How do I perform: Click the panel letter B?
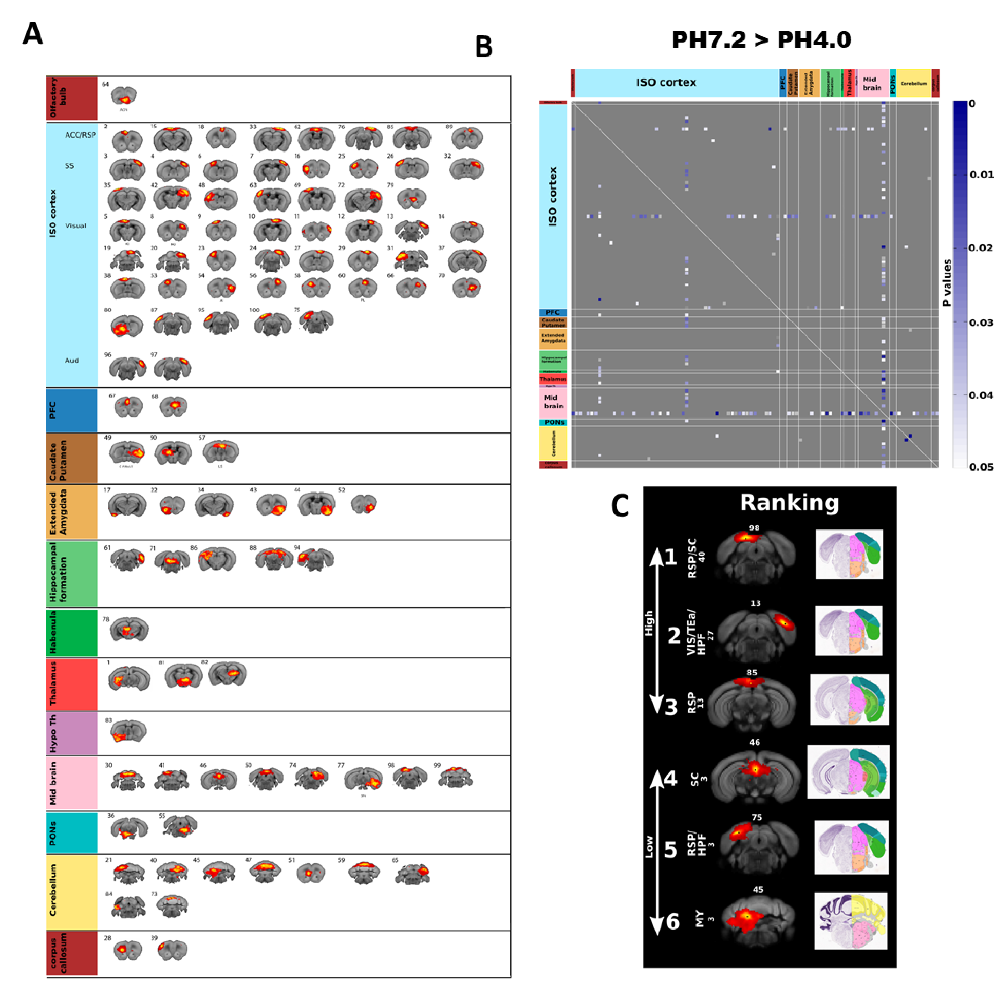pos(484,47)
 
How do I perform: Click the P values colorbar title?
pos(947,283)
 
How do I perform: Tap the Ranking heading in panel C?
pos(789,503)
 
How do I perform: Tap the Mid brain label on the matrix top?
pos(872,83)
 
